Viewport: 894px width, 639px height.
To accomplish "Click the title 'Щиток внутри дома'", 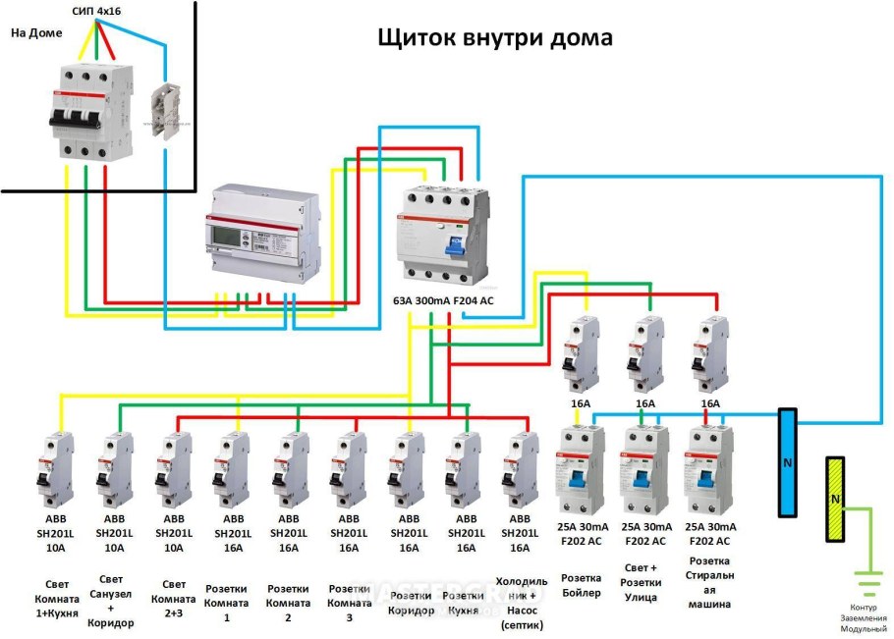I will click(x=495, y=37).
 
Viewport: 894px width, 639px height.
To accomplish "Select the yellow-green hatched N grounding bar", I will click(x=836, y=500).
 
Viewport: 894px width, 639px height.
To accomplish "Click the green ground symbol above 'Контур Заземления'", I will click(x=866, y=586).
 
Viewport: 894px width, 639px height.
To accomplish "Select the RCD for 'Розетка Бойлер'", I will click(x=582, y=471).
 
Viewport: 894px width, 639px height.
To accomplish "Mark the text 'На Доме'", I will click(x=36, y=32).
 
